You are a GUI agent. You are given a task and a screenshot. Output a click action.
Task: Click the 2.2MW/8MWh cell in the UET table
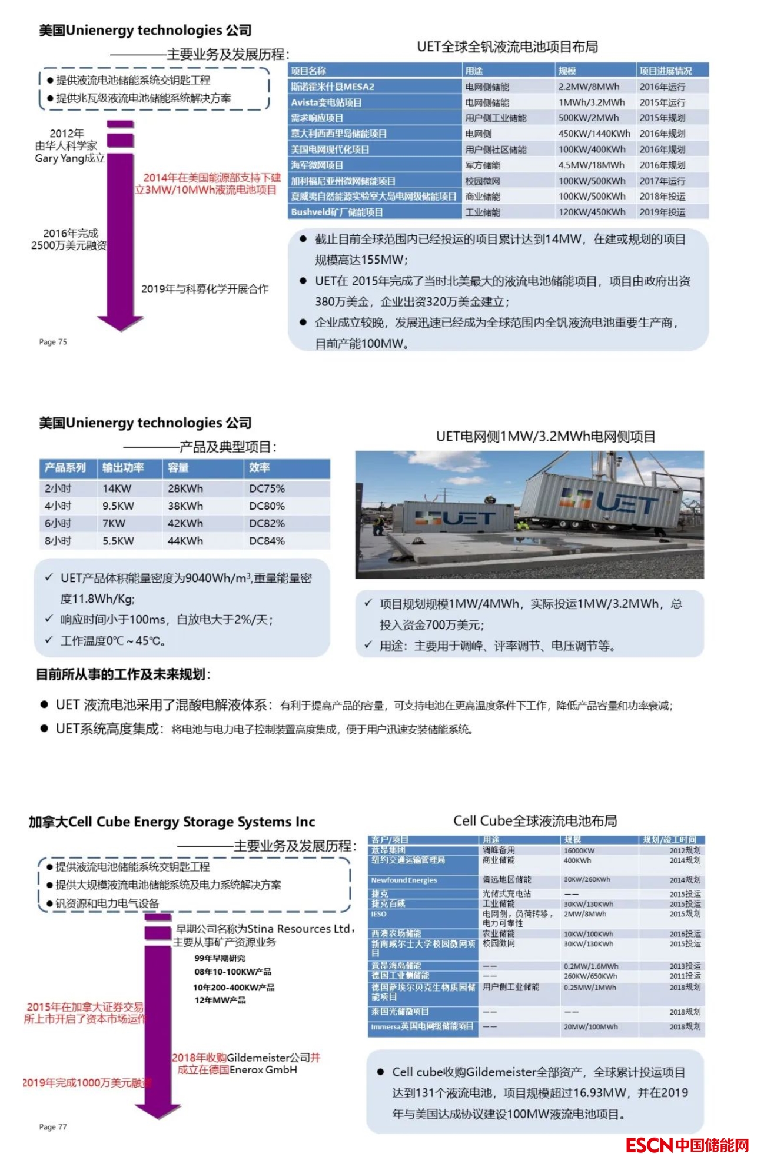click(589, 87)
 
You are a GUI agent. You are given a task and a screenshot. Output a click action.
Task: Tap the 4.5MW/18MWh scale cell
click(589, 165)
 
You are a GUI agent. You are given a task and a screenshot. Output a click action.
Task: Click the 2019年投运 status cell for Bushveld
click(662, 212)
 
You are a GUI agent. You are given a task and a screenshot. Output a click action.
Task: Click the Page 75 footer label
click(53, 342)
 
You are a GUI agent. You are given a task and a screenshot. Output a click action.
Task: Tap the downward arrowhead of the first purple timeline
click(121, 323)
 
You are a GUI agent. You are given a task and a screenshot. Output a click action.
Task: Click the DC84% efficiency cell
click(267, 541)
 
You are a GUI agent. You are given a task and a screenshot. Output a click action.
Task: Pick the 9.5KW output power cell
click(118, 506)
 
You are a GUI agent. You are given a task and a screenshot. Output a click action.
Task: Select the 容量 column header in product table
click(178, 468)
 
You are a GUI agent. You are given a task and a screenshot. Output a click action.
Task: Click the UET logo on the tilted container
click(612, 502)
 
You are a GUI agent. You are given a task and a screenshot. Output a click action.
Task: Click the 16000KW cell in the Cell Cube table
click(579, 850)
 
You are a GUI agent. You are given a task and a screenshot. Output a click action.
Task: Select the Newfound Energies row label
click(404, 880)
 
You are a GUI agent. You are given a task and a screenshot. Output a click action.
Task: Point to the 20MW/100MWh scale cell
click(590, 1027)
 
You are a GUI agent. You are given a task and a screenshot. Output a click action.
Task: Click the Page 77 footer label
click(53, 1127)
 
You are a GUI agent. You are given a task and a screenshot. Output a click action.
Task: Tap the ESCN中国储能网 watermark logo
click(687, 1145)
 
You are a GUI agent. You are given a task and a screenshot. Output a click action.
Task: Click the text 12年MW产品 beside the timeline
click(220, 1001)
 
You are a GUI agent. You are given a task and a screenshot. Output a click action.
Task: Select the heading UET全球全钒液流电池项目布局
click(507, 47)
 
